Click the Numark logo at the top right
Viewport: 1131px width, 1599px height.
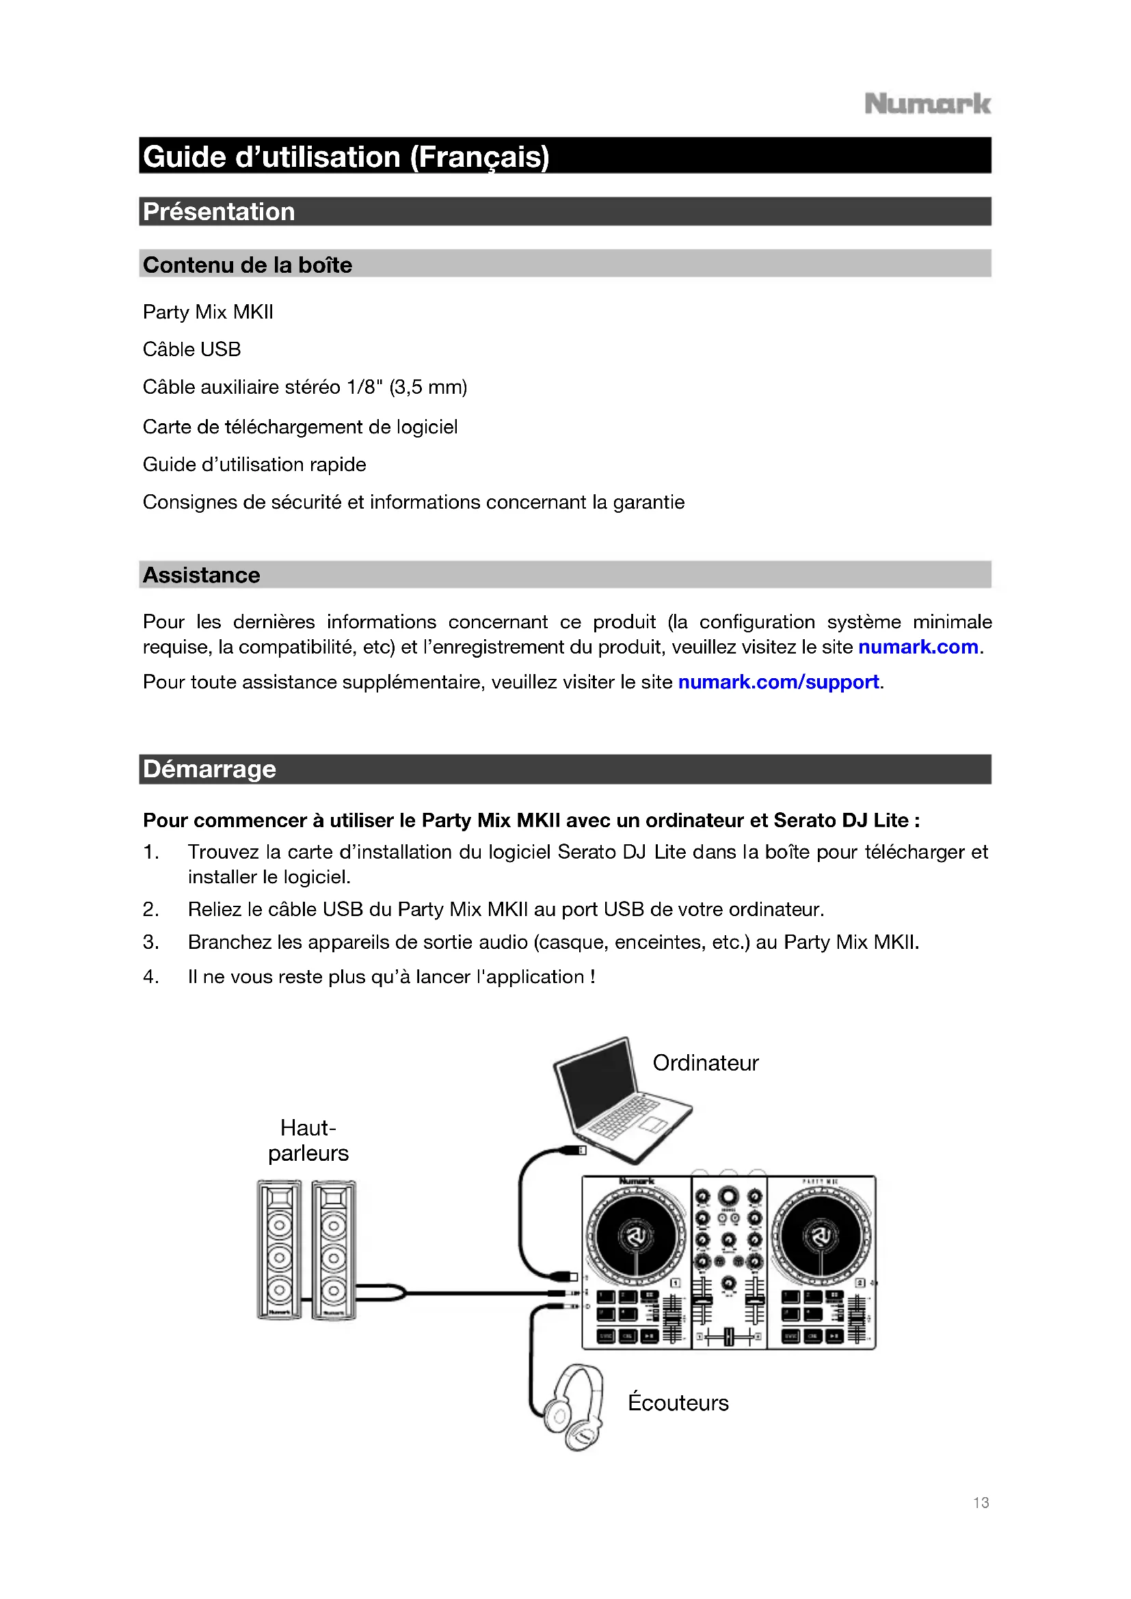click(x=927, y=104)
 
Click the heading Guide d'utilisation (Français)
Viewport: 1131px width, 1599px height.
click(x=346, y=157)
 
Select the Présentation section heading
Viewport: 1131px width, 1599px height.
click(x=219, y=212)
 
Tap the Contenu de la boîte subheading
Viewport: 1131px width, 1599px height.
click(x=248, y=265)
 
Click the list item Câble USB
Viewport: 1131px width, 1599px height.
click(x=191, y=349)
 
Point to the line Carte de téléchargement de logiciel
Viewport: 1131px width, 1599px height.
click(x=300, y=426)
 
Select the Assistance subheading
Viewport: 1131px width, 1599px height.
click(x=201, y=574)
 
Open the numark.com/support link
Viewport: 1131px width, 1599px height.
click(x=778, y=682)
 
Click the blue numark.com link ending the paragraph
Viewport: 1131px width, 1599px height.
click(x=918, y=647)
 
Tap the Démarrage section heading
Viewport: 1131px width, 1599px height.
click(x=210, y=769)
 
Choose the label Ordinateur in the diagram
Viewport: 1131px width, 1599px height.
click(x=705, y=1063)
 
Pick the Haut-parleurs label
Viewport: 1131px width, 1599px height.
click(x=308, y=1140)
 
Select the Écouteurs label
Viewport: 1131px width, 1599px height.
click(x=678, y=1403)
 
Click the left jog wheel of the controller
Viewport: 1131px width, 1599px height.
click(x=636, y=1236)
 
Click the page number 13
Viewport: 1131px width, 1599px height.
click(x=981, y=1502)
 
